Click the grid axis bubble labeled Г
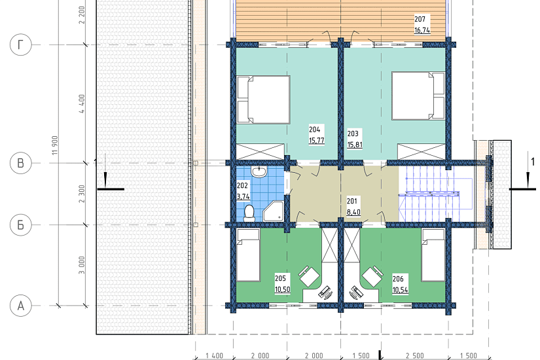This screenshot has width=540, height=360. pyautogui.click(x=21, y=45)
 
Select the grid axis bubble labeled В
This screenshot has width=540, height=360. pyautogui.click(x=21, y=162)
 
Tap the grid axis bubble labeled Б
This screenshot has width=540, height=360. pyautogui.click(x=21, y=225)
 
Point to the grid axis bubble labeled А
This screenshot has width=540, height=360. pyautogui.click(x=21, y=306)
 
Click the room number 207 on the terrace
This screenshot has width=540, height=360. pyautogui.click(x=420, y=19)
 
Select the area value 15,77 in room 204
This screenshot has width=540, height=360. pyautogui.click(x=317, y=140)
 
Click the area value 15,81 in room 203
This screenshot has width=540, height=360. pyautogui.click(x=355, y=145)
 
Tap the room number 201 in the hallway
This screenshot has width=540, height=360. pyautogui.click(x=352, y=201)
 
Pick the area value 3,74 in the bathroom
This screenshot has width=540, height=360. pyautogui.click(x=243, y=197)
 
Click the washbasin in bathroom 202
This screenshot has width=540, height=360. pyautogui.click(x=259, y=171)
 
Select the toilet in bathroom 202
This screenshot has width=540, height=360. pyautogui.click(x=249, y=213)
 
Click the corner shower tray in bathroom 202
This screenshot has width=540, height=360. pyautogui.click(x=274, y=211)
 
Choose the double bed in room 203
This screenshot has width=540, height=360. pyautogui.click(x=418, y=96)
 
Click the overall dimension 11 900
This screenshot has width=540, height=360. pyautogui.click(x=55, y=145)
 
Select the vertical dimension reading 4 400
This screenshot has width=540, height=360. pyautogui.click(x=82, y=104)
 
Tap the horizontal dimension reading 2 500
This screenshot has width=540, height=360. pyautogui.click(x=414, y=355)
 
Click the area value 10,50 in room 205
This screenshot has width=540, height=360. pyautogui.click(x=282, y=289)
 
